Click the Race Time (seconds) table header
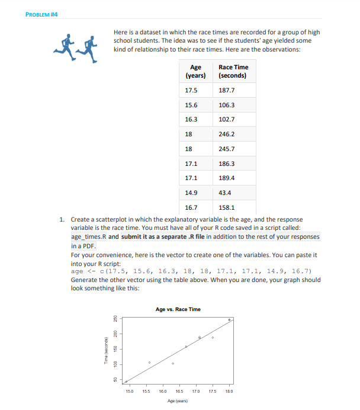(x=233, y=72)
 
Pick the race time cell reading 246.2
(x=227, y=134)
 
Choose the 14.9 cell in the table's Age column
(x=191, y=193)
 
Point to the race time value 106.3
(x=227, y=105)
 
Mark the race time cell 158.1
(x=227, y=207)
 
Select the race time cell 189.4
(x=227, y=178)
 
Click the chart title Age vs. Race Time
(x=178, y=309)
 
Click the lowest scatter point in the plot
(x=126, y=381)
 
